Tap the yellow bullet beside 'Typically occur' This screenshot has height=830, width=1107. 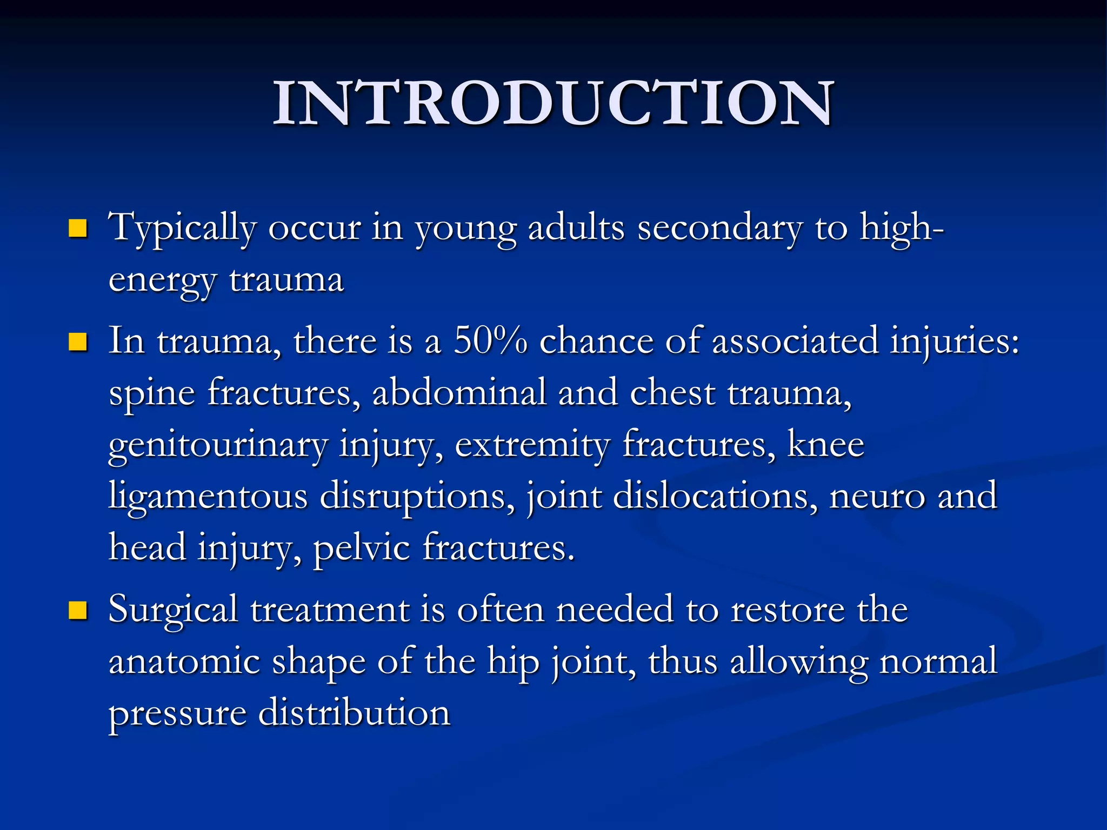coord(78,229)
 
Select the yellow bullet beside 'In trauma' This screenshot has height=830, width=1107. coord(78,342)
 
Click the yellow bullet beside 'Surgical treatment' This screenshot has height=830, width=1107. coord(78,610)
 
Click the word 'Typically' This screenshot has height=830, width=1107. coord(182,229)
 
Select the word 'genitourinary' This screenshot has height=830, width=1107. coord(218,446)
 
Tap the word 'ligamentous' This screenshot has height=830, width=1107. coord(208,497)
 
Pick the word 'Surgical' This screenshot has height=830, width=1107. coord(173,610)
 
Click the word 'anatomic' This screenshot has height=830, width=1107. coord(184,661)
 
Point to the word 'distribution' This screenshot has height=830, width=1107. coord(354,713)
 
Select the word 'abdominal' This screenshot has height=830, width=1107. coord(459,393)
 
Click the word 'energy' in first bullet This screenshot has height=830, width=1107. coord(162,282)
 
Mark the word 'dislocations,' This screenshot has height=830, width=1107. coord(715,497)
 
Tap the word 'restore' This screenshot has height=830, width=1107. coord(788,610)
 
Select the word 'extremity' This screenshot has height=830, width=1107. coord(532,446)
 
